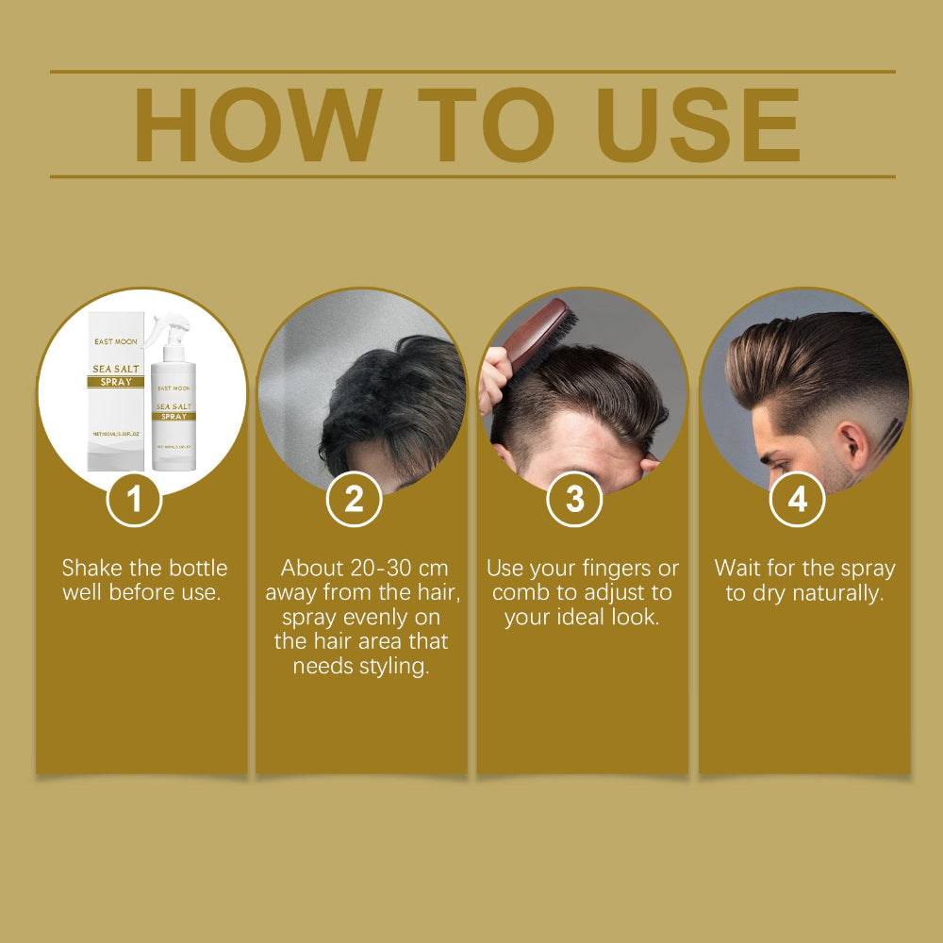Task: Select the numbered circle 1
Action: (x=134, y=499)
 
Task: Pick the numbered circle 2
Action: (x=354, y=499)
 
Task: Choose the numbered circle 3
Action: (x=574, y=499)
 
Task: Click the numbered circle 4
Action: (x=797, y=499)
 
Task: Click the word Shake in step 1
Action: (x=92, y=568)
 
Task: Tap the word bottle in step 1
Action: (x=196, y=568)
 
